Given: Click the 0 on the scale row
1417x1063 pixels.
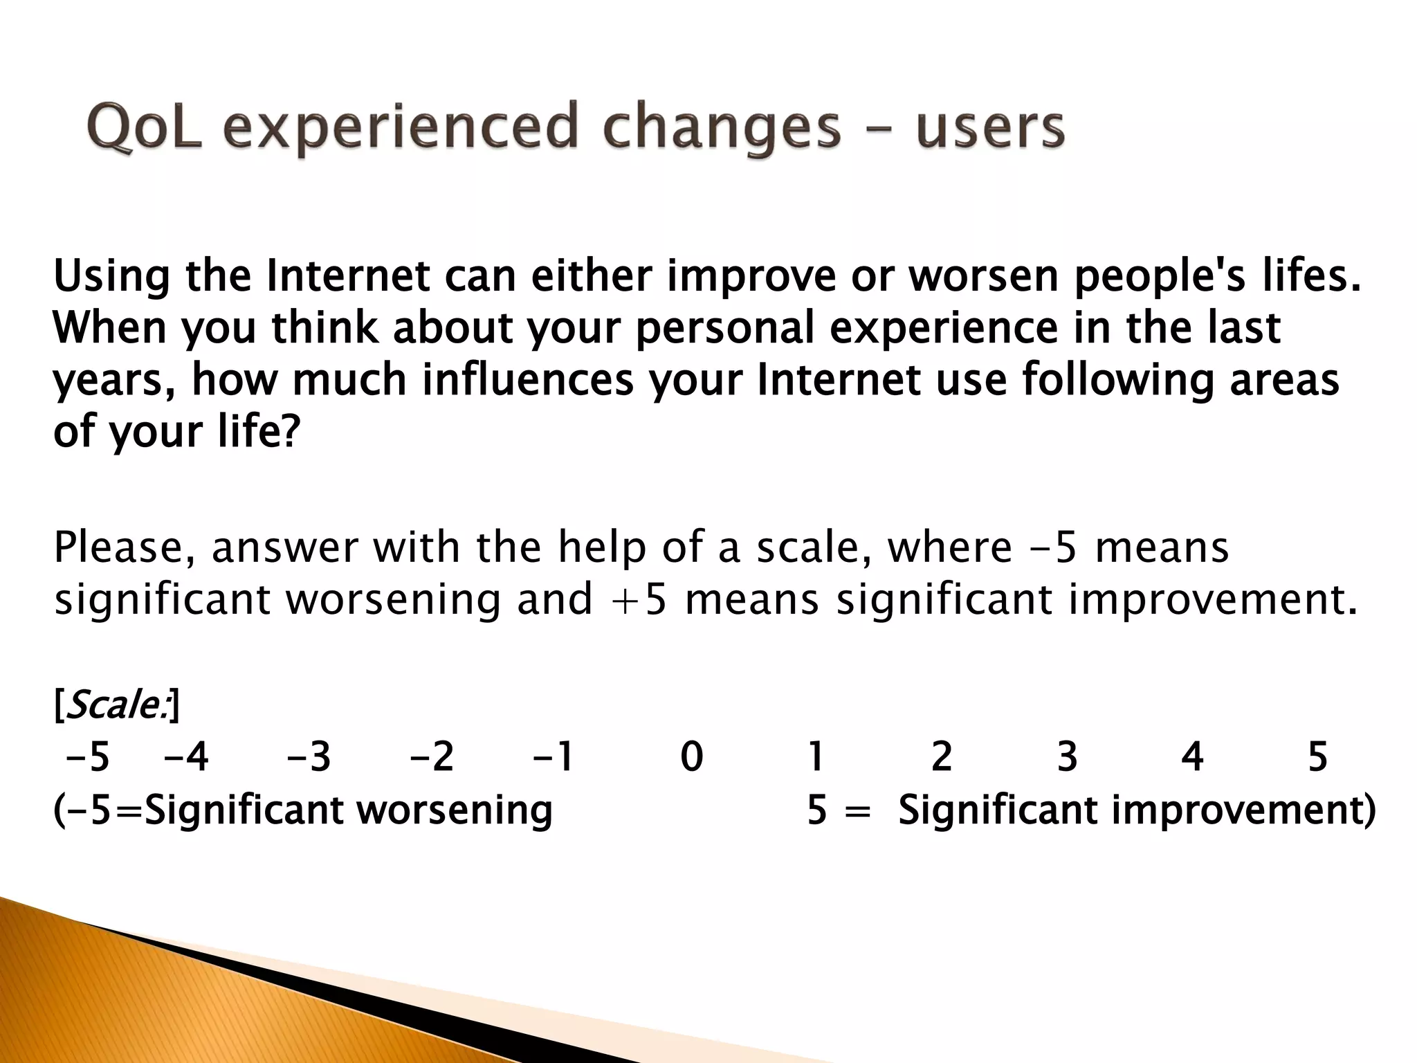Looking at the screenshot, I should (x=691, y=756).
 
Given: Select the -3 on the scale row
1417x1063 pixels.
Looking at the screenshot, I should (x=309, y=756).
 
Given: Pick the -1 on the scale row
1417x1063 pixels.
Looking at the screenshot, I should (x=553, y=756).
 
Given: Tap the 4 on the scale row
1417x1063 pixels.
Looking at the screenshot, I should (x=1191, y=756).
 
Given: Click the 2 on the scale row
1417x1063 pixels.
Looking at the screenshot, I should (x=942, y=756).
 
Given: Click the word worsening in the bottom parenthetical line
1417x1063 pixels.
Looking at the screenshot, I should (x=454, y=809).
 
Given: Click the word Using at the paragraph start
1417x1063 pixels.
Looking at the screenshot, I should (x=111, y=275).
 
